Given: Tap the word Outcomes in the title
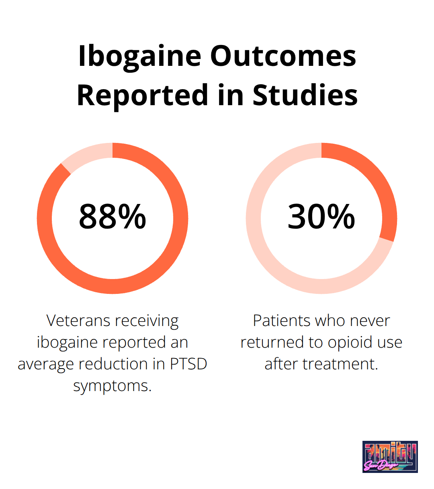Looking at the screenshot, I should tap(283, 56).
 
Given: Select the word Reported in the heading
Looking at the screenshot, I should tap(142, 96).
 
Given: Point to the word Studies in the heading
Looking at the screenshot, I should tap(305, 96).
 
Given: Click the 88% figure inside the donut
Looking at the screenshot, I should tap(113, 217).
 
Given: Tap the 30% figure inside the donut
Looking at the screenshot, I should tap(321, 217).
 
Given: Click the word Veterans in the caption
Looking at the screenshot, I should tap(78, 321).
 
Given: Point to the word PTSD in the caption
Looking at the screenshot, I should tap(188, 364).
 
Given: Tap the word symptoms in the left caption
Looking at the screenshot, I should tap(113, 386).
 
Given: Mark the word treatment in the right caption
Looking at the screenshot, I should tap(340, 364).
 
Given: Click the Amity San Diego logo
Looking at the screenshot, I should tap(390, 457).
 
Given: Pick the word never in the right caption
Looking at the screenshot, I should tap(370, 321).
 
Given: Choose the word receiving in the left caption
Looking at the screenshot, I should tap(146, 321).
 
